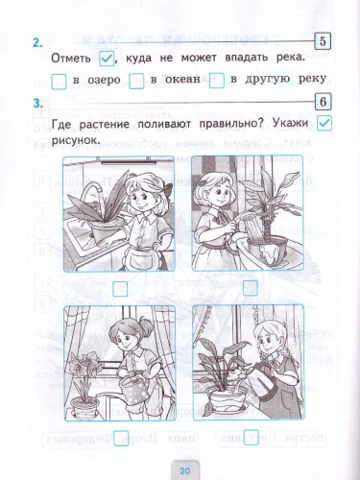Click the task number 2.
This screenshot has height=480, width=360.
(x=36, y=42)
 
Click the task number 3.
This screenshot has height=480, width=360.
(x=36, y=103)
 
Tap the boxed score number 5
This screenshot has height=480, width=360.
(x=323, y=40)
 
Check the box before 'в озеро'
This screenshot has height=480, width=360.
(x=59, y=80)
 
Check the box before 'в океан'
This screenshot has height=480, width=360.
(x=136, y=80)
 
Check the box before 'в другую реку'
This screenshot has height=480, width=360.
(x=217, y=80)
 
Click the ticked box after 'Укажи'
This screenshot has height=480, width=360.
(x=324, y=123)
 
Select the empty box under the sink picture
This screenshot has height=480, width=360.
(x=120, y=287)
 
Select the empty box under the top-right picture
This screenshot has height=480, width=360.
(x=251, y=287)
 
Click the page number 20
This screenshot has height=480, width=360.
(x=185, y=468)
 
